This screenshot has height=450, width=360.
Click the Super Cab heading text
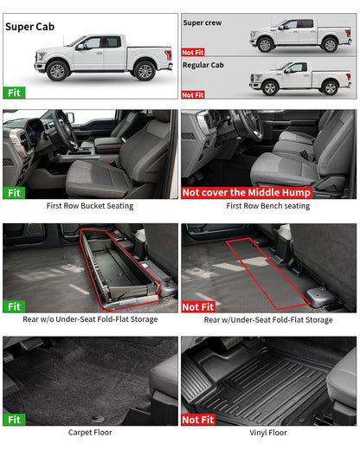[31, 27]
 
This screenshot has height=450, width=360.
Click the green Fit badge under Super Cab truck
[14, 91]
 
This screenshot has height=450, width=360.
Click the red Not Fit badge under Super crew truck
[193, 52]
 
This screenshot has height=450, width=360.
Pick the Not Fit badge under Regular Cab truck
[193, 94]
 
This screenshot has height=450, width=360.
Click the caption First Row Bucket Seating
[90, 207]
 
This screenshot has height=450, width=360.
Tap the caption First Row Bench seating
[268, 207]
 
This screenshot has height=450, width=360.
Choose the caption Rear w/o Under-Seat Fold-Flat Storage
[90, 319]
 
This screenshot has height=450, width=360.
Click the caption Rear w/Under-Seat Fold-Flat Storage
[268, 319]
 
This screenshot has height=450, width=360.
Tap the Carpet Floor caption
[90, 432]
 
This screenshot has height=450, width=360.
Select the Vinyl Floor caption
[268, 432]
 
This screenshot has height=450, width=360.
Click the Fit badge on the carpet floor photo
[14, 419]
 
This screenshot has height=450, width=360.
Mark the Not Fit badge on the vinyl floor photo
[196, 419]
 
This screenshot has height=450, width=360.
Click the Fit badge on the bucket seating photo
[14, 193]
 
